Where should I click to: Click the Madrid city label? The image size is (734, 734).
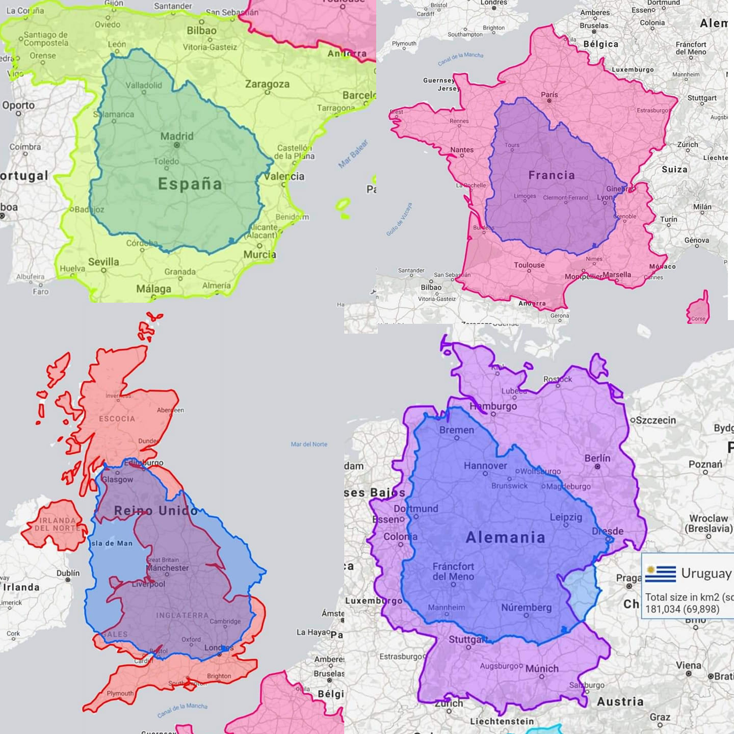tap(177, 137)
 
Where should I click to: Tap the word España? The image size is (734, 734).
tap(190, 184)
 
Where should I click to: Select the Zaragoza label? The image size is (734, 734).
tap(267, 84)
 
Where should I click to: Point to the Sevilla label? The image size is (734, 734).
tap(103, 262)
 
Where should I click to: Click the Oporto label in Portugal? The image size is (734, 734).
tap(18, 106)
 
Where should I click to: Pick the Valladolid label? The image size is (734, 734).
tap(144, 85)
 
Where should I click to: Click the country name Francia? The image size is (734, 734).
tap(552, 175)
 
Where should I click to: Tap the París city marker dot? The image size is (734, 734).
tap(549, 101)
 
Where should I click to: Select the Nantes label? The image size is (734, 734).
tap(462, 150)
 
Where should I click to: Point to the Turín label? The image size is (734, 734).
tap(669, 219)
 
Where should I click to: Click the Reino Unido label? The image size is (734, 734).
tap(156, 511)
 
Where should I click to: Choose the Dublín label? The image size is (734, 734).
tap(68, 573)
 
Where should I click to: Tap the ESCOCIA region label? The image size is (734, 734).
tap(117, 419)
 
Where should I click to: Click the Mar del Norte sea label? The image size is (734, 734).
tap(309, 444)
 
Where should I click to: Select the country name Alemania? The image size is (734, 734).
tap(505, 537)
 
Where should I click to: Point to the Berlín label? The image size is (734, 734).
tap(597, 458)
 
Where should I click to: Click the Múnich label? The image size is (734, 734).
tap(542, 668)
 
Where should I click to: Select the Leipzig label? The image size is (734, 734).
tap(566, 517)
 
